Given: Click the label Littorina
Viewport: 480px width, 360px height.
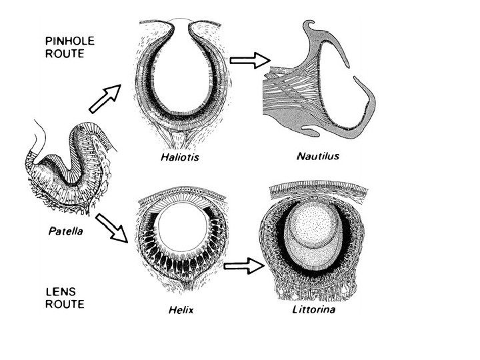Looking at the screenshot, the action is (x=314, y=310).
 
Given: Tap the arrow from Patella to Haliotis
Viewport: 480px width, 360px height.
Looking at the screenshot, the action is (x=105, y=97).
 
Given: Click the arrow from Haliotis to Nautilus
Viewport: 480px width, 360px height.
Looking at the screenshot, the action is (x=245, y=61).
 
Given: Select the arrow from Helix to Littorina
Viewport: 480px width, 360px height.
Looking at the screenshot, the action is (x=240, y=267).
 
